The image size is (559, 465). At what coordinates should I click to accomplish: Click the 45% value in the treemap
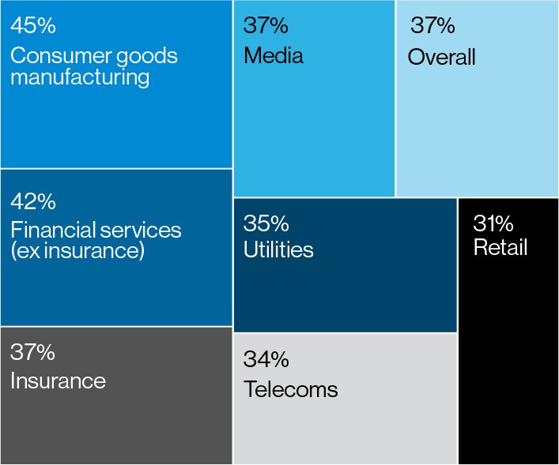click(33, 25)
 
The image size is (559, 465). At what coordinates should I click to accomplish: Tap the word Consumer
click(55, 56)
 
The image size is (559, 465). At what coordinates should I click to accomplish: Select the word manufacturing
click(80, 77)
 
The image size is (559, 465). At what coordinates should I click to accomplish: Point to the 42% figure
click(33, 201)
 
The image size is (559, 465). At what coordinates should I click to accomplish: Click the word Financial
click(49, 231)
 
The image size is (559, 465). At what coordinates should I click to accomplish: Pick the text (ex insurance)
click(77, 251)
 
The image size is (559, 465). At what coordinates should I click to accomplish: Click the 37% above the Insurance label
click(33, 352)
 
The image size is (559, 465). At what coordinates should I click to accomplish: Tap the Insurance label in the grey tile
click(58, 381)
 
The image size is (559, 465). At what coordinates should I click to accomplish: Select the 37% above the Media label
click(266, 25)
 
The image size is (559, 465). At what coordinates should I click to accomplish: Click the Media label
click(274, 56)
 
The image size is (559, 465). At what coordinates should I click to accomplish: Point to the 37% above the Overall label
click(432, 25)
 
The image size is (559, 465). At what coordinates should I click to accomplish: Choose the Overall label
click(441, 57)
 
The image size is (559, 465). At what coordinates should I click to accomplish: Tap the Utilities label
click(278, 249)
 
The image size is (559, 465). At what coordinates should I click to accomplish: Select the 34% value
click(266, 360)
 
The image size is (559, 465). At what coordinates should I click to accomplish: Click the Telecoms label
click(290, 389)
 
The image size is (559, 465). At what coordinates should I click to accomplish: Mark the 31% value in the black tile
click(493, 223)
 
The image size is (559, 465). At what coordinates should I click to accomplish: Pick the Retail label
click(500, 247)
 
